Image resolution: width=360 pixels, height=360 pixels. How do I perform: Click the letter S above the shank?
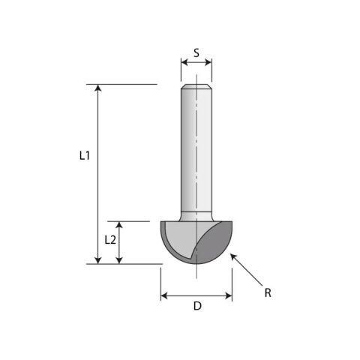[196, 53]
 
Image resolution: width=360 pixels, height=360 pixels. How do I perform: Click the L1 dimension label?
[85, 156]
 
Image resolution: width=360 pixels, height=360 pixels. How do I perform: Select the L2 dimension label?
[109, 240]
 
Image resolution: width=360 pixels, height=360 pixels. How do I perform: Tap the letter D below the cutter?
[197, 305]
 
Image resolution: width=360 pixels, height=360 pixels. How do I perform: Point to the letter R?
[268, 292]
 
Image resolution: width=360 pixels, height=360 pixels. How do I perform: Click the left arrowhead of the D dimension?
[165, 295]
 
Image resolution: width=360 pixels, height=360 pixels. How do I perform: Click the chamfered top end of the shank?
[196, 87]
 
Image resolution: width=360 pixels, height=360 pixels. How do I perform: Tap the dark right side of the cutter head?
[217, 244]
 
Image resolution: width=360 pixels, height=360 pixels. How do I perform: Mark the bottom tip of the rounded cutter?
[196, 263]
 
